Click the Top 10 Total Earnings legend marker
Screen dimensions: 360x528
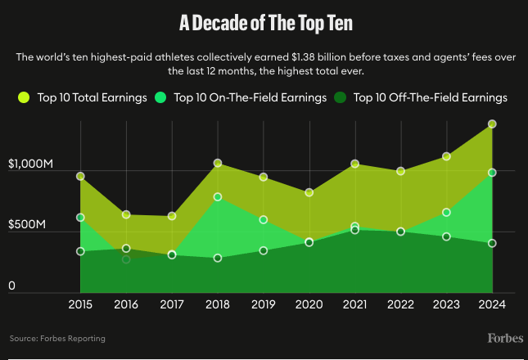(x=24, y=97)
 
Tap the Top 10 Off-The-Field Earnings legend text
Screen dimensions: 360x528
(x=430, y=97)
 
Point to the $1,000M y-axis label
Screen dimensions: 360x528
(x=30, y=164)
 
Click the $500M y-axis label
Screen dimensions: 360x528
(x=30, y=225)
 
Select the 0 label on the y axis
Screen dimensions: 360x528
(x=11, y=286)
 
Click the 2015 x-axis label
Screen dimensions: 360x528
(x=80, y=304)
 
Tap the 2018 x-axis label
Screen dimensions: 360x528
(x=218, y=304)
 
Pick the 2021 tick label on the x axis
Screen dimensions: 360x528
(x=354, y=304)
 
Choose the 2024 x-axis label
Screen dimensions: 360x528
(x=492, y=304)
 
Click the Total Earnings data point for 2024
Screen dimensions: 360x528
(x=492, y=124)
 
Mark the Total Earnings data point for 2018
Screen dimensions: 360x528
(x=218, y=164)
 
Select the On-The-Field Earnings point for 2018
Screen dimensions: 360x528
(x=218, y=197)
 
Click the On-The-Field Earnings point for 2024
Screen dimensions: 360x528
(x=492, y=173)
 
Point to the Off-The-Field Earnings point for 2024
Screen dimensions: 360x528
(x=492, y=243)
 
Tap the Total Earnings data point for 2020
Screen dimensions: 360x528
(x=309, y=193)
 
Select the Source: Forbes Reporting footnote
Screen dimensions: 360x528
(x=57, y=338)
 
